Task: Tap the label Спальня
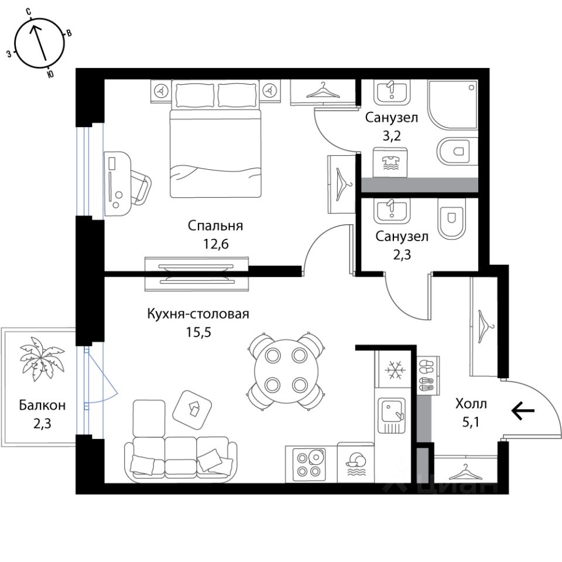tap(215, 225)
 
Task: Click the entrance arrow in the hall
tap(523, 412)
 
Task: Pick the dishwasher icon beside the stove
tap(355, 464)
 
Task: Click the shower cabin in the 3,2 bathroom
tap(453, 105)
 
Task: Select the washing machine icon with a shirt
tap(390, 162)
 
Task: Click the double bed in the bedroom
tap(215, 146)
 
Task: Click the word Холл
tap(471, 403)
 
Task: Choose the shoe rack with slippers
tap(425, 375)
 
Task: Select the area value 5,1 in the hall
tap(471, 422)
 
